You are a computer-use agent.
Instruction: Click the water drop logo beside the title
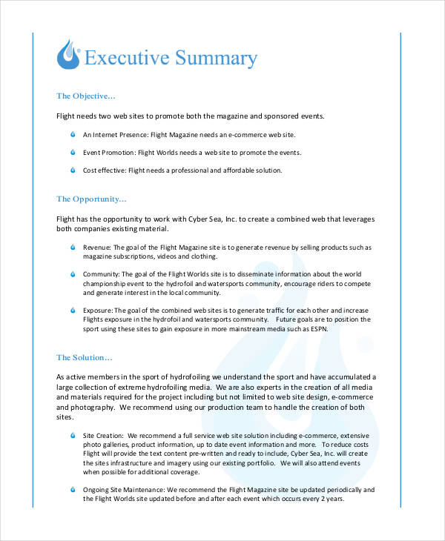click(x=69, y=56)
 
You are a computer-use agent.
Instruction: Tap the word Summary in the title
click(x=216, y=58)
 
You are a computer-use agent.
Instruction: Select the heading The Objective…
click(x=86, y=96)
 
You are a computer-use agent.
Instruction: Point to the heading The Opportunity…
click(x=91, y=199)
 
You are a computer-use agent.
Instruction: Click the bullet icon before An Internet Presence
click(x=73, y=135)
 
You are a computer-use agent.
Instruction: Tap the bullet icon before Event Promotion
click(x=73, y=153)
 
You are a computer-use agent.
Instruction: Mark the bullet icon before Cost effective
click(x=73, y=170)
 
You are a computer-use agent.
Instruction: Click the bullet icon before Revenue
click(x=73, y=247)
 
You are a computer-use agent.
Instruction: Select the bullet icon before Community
click(x=73, y=273)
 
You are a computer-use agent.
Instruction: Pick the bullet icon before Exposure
click(x=73, y=310)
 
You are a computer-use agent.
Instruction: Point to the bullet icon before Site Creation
click(x=73, y=435)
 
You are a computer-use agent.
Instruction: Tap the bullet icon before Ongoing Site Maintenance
click(x=73, y=490)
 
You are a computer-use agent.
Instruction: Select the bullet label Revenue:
click(x=97, y=248)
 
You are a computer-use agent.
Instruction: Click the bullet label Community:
click(x=102, y=274)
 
